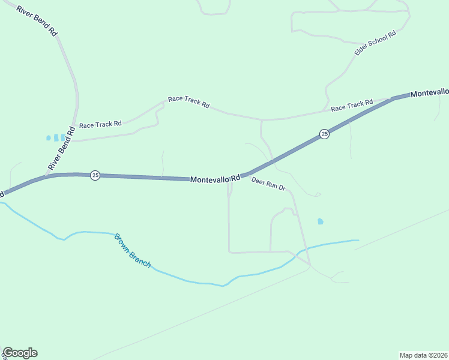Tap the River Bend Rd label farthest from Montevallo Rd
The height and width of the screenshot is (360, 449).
coord(37,21)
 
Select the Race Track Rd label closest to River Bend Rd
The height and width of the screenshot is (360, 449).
coord(100,124)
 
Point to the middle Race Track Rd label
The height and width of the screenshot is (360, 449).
coord(188,102)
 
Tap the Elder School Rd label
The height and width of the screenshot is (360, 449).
coord(375,43)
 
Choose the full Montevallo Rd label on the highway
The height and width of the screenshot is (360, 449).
coord(215,178)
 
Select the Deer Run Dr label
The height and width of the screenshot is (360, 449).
coord(268,184)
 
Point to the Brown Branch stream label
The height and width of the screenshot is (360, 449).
coord(133,250)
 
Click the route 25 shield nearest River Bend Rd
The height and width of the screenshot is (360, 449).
coord(95,175)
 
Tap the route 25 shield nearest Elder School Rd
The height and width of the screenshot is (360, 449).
coord(324,134)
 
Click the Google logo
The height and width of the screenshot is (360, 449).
coord(20,353)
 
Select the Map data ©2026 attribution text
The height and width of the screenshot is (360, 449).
coord(424,355)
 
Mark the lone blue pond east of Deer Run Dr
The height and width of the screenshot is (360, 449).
coord(320,221)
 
